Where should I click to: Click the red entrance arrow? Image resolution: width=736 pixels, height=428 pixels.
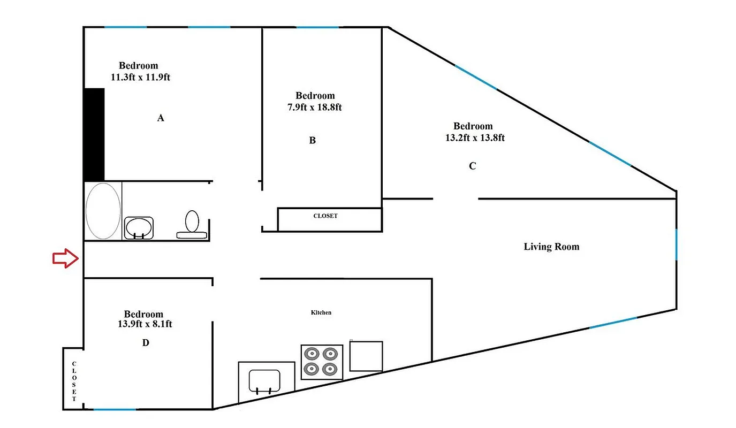click(x=65, y=258)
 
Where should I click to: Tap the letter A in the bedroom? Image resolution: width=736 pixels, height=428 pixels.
click(x=160, y=118)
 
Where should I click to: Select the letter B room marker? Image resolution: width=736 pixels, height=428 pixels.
click(x=313, y=140)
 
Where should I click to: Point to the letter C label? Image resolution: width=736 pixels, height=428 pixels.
click(x=472, y=166)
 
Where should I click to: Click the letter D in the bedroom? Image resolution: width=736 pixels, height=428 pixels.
click(x=146, y=342)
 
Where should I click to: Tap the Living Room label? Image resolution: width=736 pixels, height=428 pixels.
click(x=551, y=247)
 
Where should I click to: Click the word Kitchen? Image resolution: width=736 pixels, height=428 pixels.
click(x=321, y=312)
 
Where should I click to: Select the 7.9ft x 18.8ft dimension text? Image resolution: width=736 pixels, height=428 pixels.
click(x=315, y=107)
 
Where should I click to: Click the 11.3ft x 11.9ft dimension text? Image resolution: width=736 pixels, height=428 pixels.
click(x=140, y=77)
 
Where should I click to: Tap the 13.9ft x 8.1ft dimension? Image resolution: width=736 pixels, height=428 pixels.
click(x=144, y=324)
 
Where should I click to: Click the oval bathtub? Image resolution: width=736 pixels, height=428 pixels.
click(x=103, y=211)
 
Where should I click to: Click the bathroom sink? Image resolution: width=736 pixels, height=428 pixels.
click(x=139, y=227)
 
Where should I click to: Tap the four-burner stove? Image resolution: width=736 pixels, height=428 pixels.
click(x=322, y=362)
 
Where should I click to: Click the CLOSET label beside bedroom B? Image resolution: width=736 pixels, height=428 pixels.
click(x=325, y=216)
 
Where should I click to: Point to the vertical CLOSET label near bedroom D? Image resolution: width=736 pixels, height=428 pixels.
click(x=74, y=381)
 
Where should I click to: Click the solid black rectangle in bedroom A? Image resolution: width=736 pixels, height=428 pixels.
click(x=94, y=134)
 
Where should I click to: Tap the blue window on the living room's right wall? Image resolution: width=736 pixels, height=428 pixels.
click(x=676, y=244)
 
